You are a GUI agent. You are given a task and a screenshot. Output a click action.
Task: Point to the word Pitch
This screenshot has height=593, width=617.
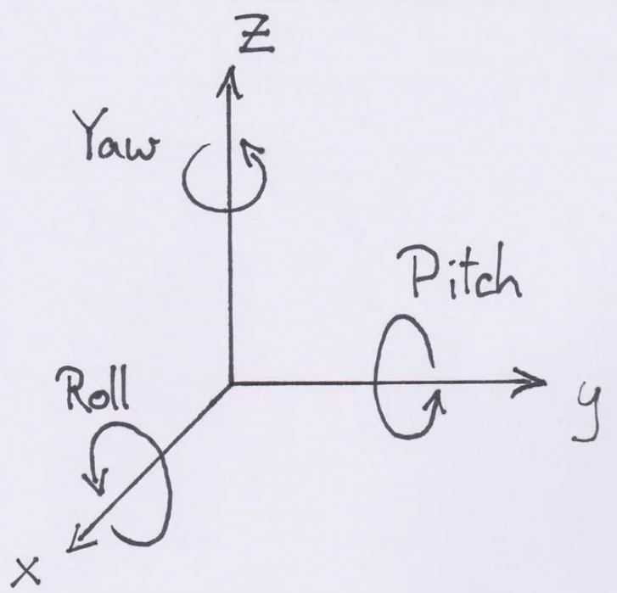click(466, 276)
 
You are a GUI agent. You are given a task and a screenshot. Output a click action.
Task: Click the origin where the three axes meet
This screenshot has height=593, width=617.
click(229, 383)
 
